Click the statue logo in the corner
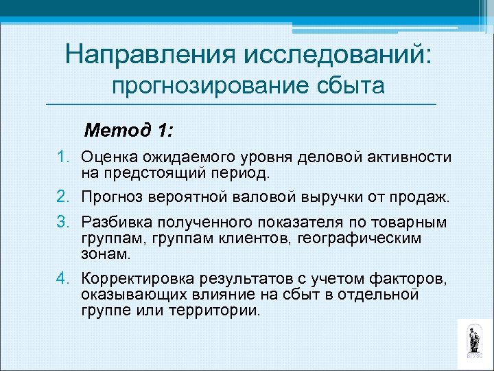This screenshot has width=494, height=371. click(473, 340)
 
